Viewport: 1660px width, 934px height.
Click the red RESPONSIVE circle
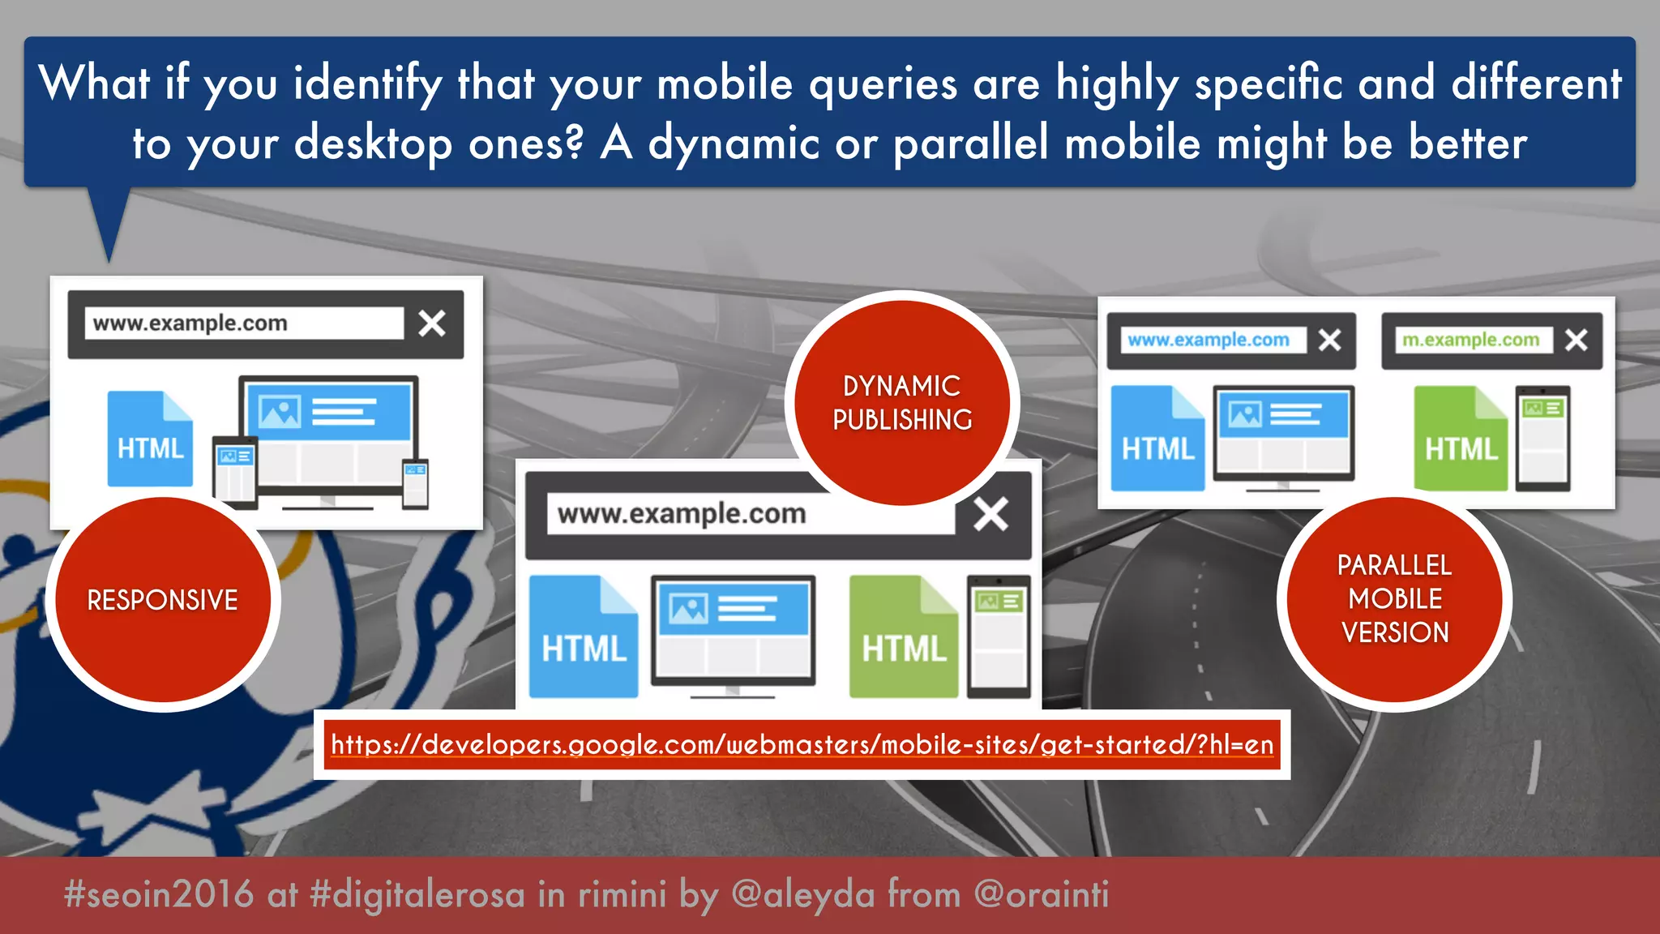(162, 600)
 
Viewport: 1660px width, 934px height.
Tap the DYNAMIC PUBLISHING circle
(902, 402)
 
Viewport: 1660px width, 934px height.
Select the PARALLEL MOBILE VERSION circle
(1394, 599)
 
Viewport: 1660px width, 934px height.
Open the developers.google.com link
(802, 744)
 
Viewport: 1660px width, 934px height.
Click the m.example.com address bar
(1470, 340)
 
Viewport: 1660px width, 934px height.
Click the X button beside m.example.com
(1576, 340)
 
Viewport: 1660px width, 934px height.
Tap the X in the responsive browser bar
(432, 323)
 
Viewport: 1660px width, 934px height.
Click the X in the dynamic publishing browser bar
(990, 514)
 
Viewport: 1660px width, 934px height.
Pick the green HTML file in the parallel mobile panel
(1460, 440)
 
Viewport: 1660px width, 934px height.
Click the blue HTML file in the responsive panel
(150, 440)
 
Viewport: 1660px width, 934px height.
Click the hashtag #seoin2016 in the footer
(159, 895)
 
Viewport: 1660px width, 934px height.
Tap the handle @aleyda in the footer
(802, 895)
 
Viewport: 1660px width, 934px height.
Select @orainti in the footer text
(1041, 895)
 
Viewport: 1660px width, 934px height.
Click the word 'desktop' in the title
(373, 144)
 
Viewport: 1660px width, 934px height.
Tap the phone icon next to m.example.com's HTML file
(1542, 439)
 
